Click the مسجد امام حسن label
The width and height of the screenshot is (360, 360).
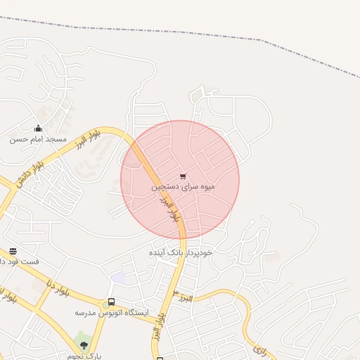pyautogui.click(x=38, y=139)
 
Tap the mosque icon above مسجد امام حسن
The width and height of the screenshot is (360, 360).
pyautogui.click(x=38, y=128)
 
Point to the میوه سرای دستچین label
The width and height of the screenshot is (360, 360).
pyautogui.click(x=183, y=188)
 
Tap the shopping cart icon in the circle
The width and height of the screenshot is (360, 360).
pyautogui.click(x=183, y=176)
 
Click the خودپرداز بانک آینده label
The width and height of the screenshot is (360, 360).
pyautogui.click(x=181, y=252)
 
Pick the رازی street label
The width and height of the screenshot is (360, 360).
pyautogui.click(x=259, y=347)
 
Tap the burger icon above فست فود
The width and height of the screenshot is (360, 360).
pyautogui.click(x=13, y=250)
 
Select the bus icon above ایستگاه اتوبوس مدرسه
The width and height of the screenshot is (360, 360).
pyautogui.click(x=111, y=302)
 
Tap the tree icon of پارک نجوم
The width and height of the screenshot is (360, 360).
pyautogui.click(x=84, y=345)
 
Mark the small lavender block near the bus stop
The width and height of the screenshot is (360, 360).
pyautogui.click(x=118, y=278)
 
